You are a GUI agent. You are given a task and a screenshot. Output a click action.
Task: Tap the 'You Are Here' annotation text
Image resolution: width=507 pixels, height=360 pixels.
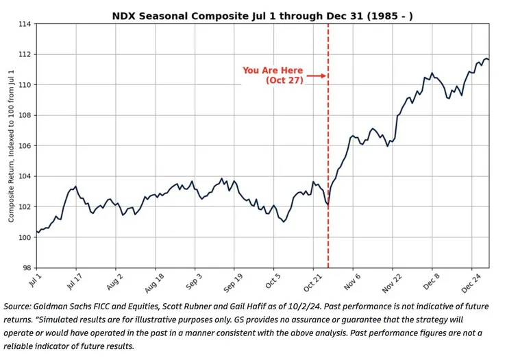click(x=273, y=71)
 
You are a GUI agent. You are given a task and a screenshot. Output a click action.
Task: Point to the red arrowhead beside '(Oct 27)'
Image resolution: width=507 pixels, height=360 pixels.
click(x=323, y=75)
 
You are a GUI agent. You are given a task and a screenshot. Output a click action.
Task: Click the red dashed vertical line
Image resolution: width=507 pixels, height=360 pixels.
click(x=328, y=171)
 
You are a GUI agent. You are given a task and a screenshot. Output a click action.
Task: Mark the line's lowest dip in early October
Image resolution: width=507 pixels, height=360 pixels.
click(x=284, y=221)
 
